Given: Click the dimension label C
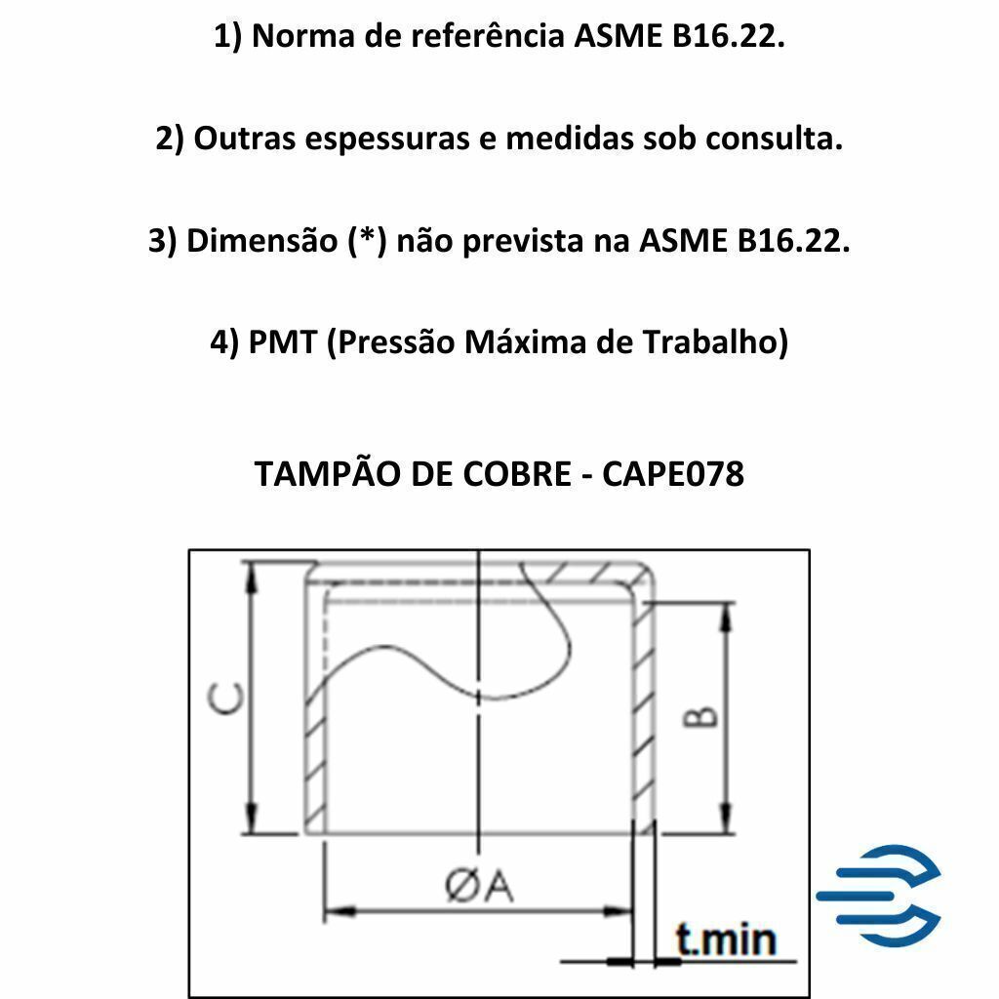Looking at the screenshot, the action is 225,699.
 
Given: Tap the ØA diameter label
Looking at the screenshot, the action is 479,886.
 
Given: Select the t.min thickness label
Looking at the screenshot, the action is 726,939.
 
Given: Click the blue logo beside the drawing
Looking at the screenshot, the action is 879,896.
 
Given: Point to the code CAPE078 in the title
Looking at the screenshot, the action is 673,474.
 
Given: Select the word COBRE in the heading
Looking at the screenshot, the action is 517,474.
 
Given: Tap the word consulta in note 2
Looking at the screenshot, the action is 774,139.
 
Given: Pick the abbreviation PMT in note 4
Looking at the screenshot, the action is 282,342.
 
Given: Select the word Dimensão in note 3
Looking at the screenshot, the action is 261,239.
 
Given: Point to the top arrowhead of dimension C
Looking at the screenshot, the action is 253,577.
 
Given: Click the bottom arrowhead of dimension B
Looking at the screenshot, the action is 725,819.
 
